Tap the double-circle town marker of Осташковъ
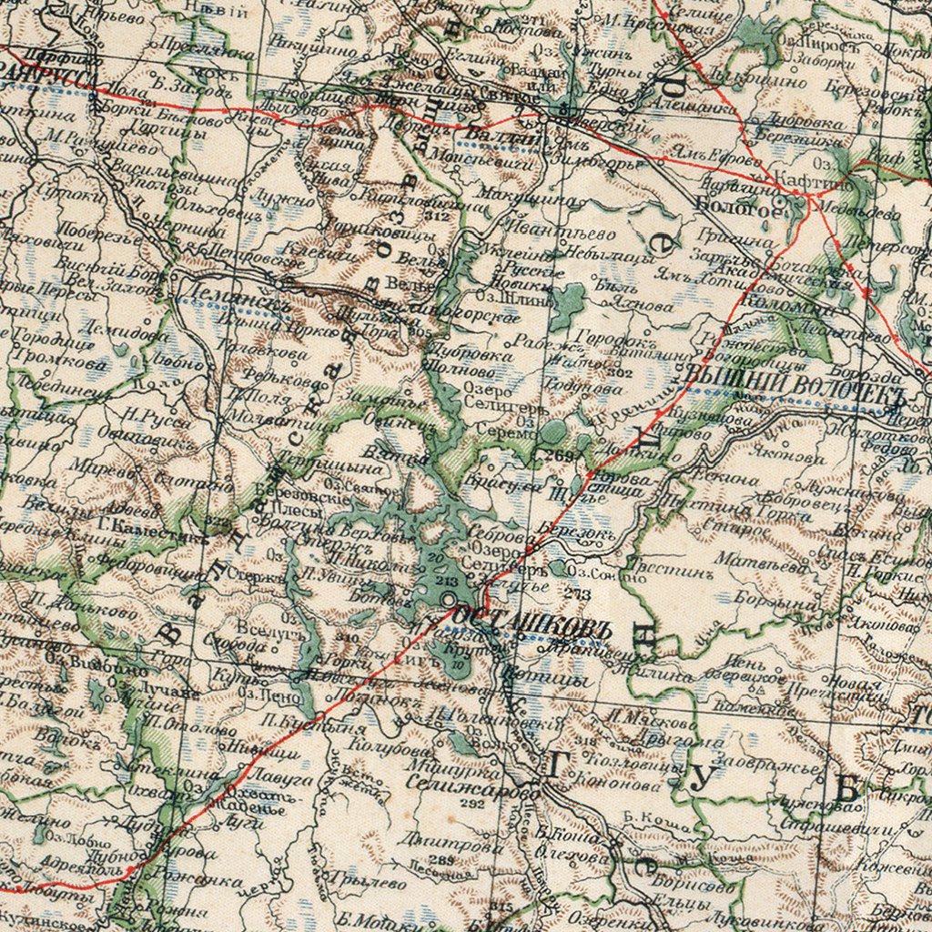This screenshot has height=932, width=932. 451,600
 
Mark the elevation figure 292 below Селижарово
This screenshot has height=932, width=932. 471,804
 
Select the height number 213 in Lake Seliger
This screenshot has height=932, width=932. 446,581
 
